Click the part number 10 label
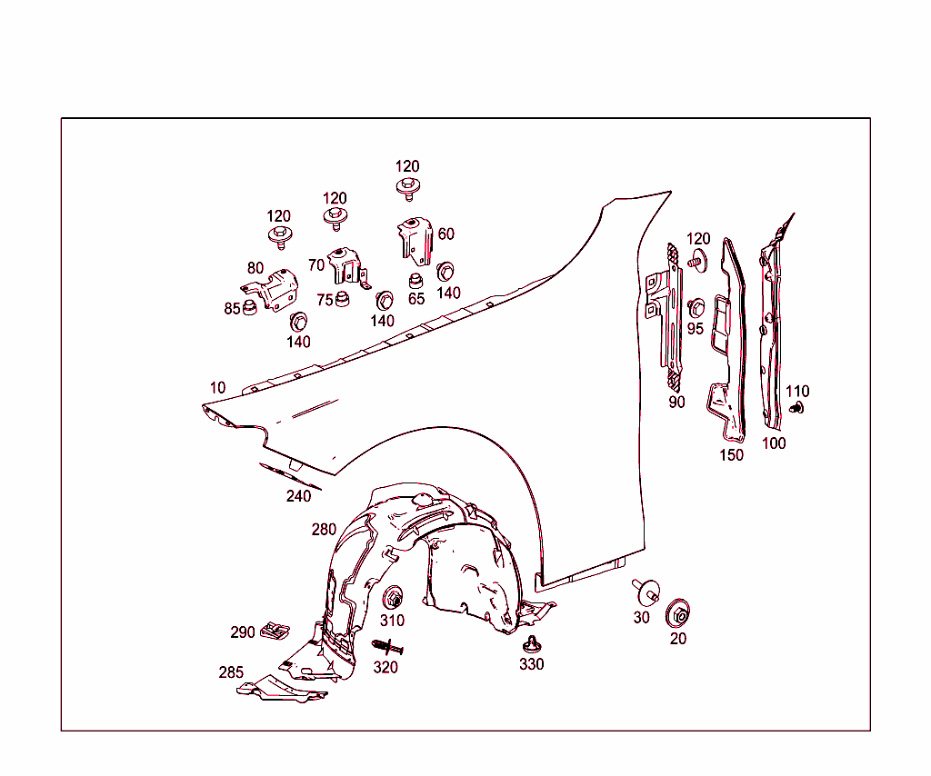[x=218, y=388]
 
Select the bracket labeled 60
[x=415, y=241]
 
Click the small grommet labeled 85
[x=250, y=308]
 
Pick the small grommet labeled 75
[x=342, y=299]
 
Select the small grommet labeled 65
[x=416, y=280]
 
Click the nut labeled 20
[x=678, y=614]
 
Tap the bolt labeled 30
[x=646, y=591]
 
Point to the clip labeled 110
[x=796, y=408]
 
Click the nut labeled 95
[x=696, y=309]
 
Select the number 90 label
[x=676, y=403]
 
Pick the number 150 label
[x=732, y=455]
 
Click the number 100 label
[x=774, y=443]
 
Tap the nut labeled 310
[x=393, y=598]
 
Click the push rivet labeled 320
[x=387, y=647]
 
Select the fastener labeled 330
[x=531, y=645]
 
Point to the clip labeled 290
[x=275, y=631]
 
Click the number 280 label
[x=325, y=529]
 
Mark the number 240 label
[x=298, y=496]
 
